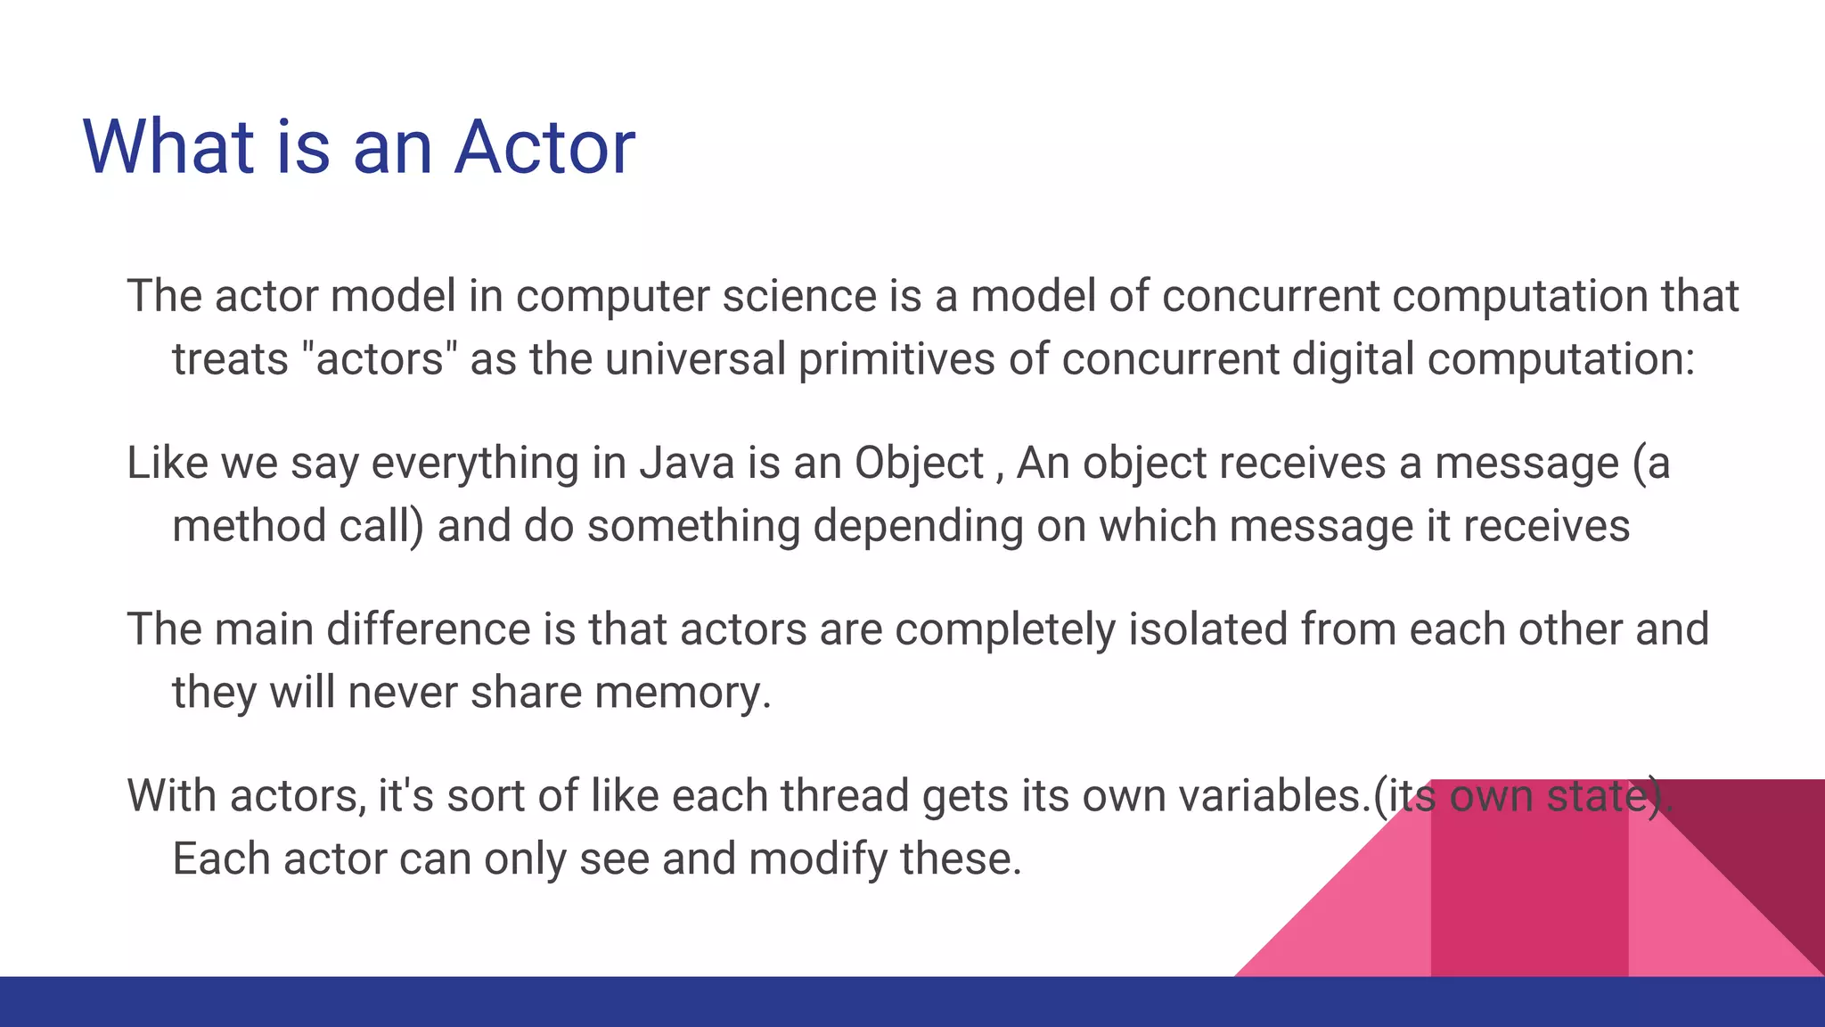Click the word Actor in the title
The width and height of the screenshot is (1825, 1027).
coord(544,147)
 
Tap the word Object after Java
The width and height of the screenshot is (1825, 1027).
coord(918,464)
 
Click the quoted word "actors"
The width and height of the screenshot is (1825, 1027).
coord(380,359)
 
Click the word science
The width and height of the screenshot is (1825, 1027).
coord(799,296)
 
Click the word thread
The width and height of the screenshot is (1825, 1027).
coord(844,795)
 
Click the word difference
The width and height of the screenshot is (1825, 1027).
coord(429,629)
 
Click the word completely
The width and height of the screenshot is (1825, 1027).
coord(1004,629)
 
